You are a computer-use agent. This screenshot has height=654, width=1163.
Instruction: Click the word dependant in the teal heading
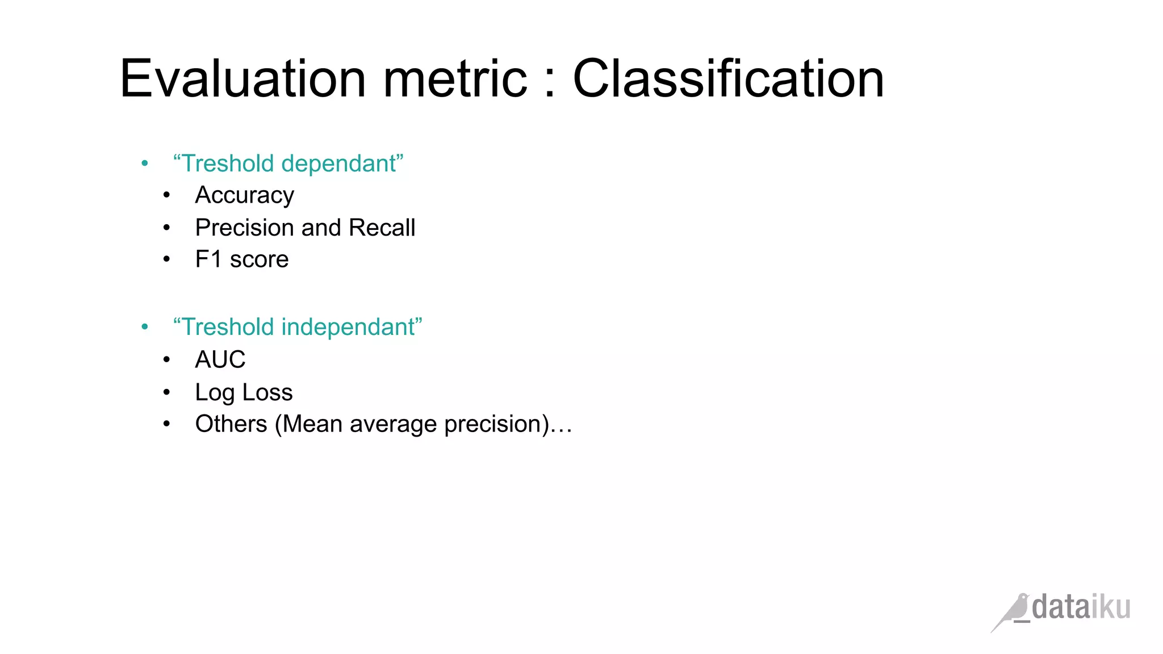tap(342, 163)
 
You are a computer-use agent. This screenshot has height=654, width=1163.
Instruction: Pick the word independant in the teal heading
tap(352, 327)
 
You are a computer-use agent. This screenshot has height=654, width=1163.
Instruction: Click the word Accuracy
tap(245, 195)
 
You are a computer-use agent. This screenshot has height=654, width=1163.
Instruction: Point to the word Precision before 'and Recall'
tap(245, 228)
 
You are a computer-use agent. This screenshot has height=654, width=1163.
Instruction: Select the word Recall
tap(382, 228)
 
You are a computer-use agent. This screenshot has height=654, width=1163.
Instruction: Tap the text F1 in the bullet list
tap(208, 259)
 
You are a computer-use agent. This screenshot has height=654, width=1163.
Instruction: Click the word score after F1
tap(259, 259)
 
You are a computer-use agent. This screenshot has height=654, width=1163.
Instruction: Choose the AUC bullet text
tap(220, 359)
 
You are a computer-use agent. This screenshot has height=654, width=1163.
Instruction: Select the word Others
tap(231, 424)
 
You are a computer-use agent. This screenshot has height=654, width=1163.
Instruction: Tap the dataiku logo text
tap(1081, 607)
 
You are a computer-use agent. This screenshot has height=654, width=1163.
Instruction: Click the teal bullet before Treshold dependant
tap(145, 164)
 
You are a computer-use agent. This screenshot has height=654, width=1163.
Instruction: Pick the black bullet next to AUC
tap(166, 360)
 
